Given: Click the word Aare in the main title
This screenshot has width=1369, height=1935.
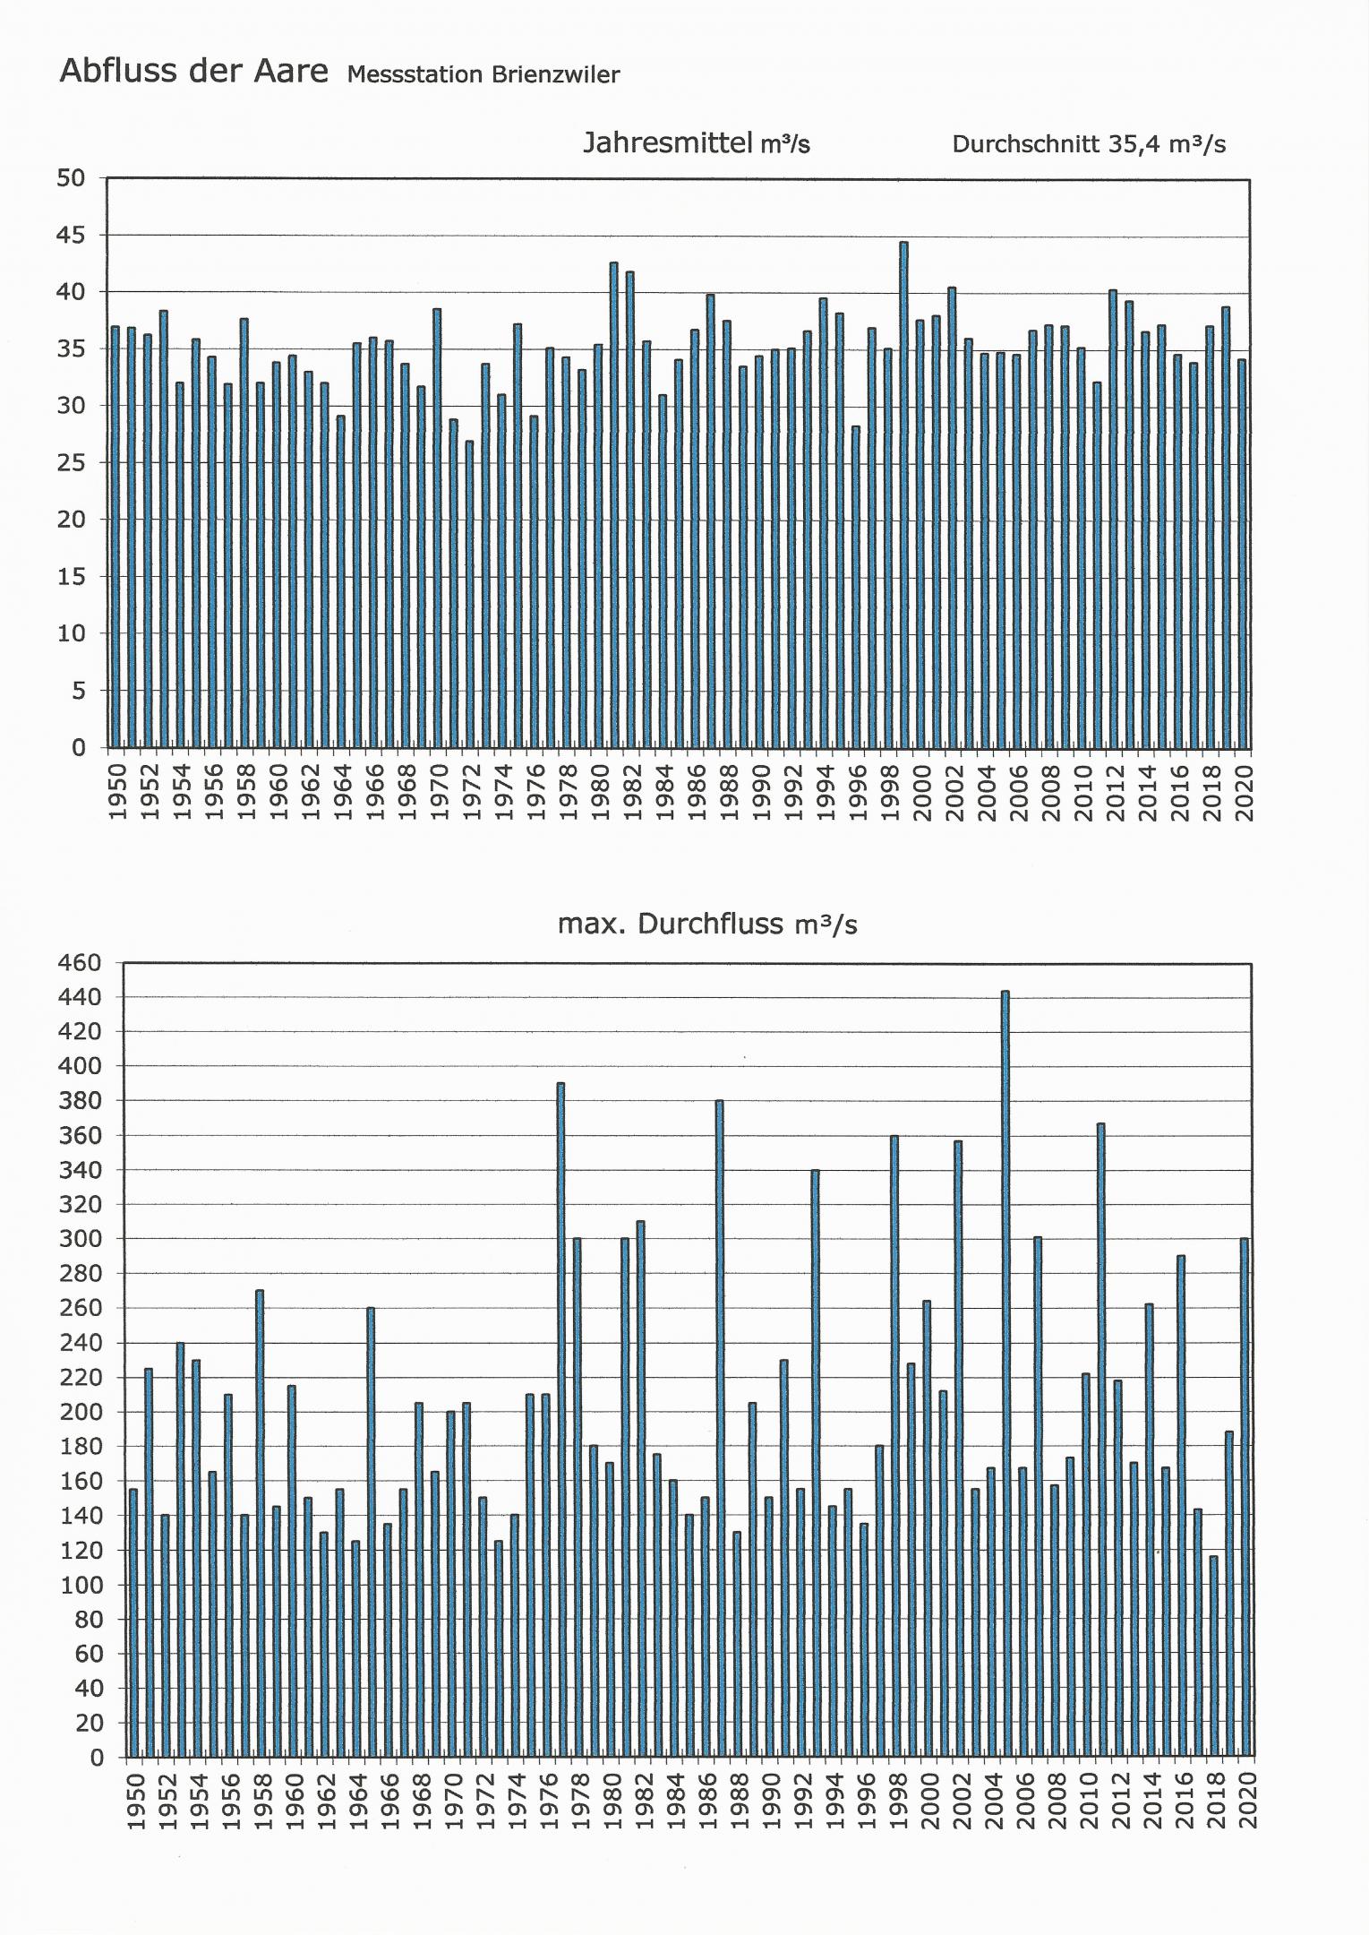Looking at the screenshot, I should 291,72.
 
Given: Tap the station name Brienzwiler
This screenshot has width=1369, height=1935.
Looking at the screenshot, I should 553,75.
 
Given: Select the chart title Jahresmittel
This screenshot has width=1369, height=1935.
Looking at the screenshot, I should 667,142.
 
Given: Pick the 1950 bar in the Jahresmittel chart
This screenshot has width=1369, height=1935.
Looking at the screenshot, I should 115,537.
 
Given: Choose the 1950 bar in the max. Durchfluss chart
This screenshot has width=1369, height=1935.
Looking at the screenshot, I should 133,1622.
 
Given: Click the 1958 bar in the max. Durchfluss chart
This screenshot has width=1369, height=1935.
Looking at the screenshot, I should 260,1524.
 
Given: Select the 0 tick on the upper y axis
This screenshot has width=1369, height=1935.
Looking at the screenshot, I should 79,747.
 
